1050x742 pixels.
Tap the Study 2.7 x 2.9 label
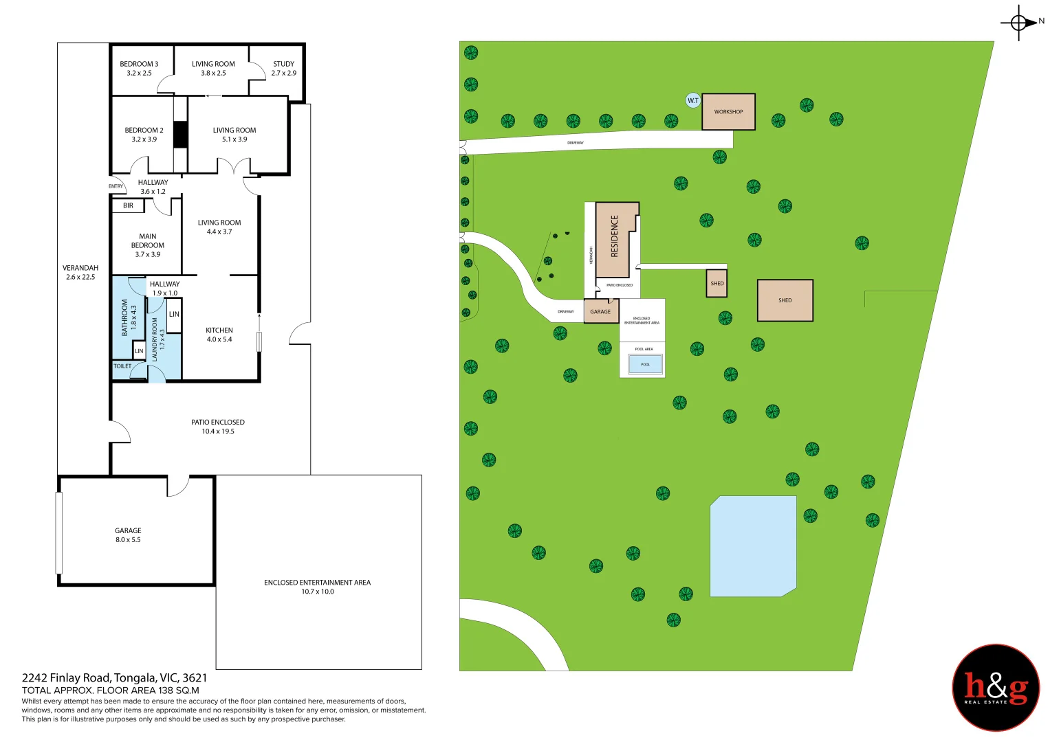(283, 68)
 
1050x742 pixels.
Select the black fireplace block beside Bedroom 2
(180, 134)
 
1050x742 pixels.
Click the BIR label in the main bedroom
(128, 205)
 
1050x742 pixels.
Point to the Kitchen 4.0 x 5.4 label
(219, 335)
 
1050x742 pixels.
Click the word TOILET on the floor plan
(122, 366)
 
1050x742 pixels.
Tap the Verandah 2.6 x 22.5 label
(80, 272)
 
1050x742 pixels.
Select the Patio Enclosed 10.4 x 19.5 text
(218, 427)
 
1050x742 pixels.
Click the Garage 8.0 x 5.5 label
(128, 535)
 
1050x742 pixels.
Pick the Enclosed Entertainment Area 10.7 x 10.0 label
(317, 587)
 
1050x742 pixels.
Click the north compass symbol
(1020, 23)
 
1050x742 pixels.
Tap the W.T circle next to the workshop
(693, 100)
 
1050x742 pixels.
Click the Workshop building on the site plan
(728, 112)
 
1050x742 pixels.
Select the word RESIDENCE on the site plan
(615, 236)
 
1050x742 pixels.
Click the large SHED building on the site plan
(785, 300)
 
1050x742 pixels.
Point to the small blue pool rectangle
(645, 364)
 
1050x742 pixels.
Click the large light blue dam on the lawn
(753, 546)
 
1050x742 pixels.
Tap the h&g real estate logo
(996, 688)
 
